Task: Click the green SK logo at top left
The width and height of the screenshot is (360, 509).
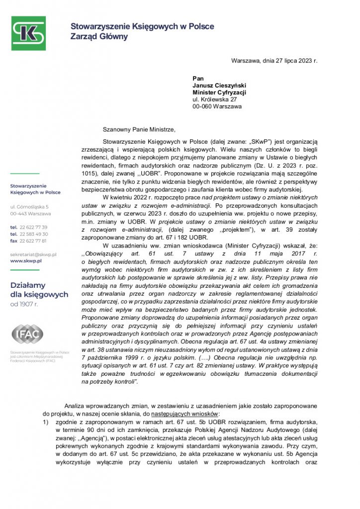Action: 28,33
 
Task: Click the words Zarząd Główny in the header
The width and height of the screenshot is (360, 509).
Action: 99,36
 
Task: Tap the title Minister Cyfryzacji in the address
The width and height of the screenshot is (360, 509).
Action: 219,92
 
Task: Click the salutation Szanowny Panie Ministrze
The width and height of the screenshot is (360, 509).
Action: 139,130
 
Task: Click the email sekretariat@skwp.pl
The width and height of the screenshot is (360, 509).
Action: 33,254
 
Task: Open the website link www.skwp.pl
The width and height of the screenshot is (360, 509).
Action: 26,260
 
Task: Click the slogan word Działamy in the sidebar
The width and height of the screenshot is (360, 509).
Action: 28,285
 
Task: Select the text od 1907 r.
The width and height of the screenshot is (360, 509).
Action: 24,304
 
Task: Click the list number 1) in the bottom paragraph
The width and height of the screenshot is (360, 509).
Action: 46,421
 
